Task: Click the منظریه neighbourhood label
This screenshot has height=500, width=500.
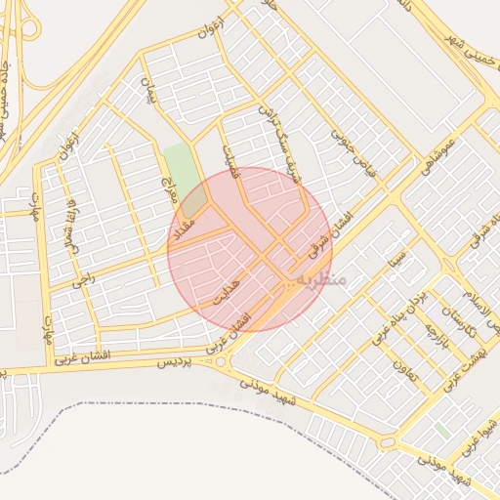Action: pos(321,280)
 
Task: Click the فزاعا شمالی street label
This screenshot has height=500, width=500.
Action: pos(71,223)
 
